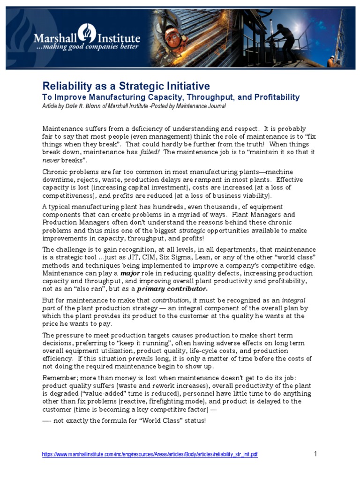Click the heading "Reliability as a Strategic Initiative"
click(x=126, y=86)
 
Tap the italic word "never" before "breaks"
click(x=51, y=160)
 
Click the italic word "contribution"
click(x=171, y=300)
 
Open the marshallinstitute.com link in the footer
click(x=150, y=455)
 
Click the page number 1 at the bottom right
click(x=315, y=454)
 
